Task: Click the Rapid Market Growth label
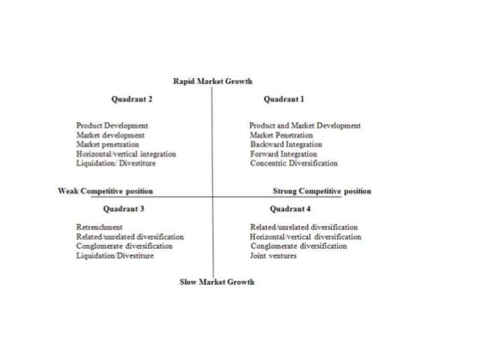coord(212,80)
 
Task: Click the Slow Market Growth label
coord(217,282)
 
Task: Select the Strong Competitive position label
coord(321,191)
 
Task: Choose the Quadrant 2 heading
coord(131,98)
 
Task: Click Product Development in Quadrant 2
coord(112,126)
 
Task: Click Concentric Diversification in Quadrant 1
coord(294,163)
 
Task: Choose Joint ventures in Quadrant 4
coord(273,256)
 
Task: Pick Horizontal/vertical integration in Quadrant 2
coord(126,153)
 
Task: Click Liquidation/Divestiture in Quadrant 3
coord(115,256)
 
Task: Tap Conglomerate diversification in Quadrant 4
coord(298,246)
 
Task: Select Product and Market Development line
coord(305,126)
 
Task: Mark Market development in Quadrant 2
coord(110,135)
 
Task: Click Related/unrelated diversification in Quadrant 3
coord(130,236)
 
